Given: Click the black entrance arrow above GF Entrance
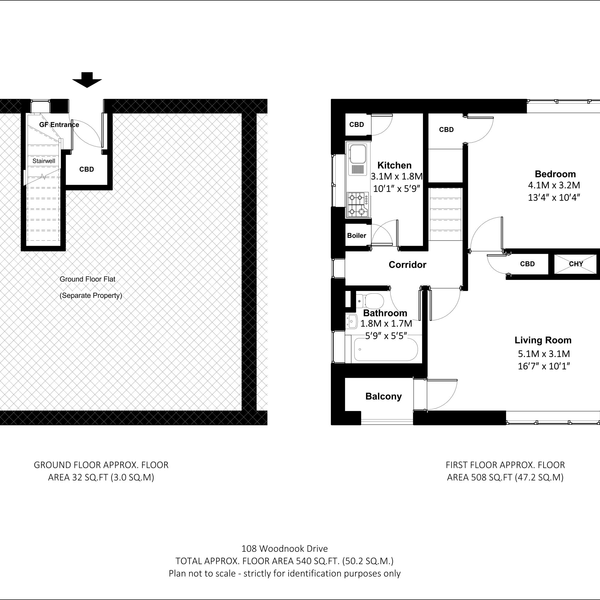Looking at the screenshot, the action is [87, 80].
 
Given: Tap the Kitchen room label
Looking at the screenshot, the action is [394, 165].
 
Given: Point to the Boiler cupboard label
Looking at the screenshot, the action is [356, 235].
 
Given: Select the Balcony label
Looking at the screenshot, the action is [383, 396].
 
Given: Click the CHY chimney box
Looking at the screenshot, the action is [576, 264].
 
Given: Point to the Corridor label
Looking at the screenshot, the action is [407, 265].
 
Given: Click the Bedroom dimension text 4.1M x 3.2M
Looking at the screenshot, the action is [554, 185].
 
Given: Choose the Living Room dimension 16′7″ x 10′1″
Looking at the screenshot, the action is [544, 366].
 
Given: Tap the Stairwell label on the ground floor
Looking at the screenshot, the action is [44, 161].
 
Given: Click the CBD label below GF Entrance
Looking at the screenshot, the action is [86, 169].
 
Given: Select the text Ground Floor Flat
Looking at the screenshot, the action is [87, 279].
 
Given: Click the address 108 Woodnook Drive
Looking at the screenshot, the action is [284, 548].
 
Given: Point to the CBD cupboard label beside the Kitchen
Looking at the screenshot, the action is [356, 124].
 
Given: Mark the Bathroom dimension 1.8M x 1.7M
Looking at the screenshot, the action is [386, 324].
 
